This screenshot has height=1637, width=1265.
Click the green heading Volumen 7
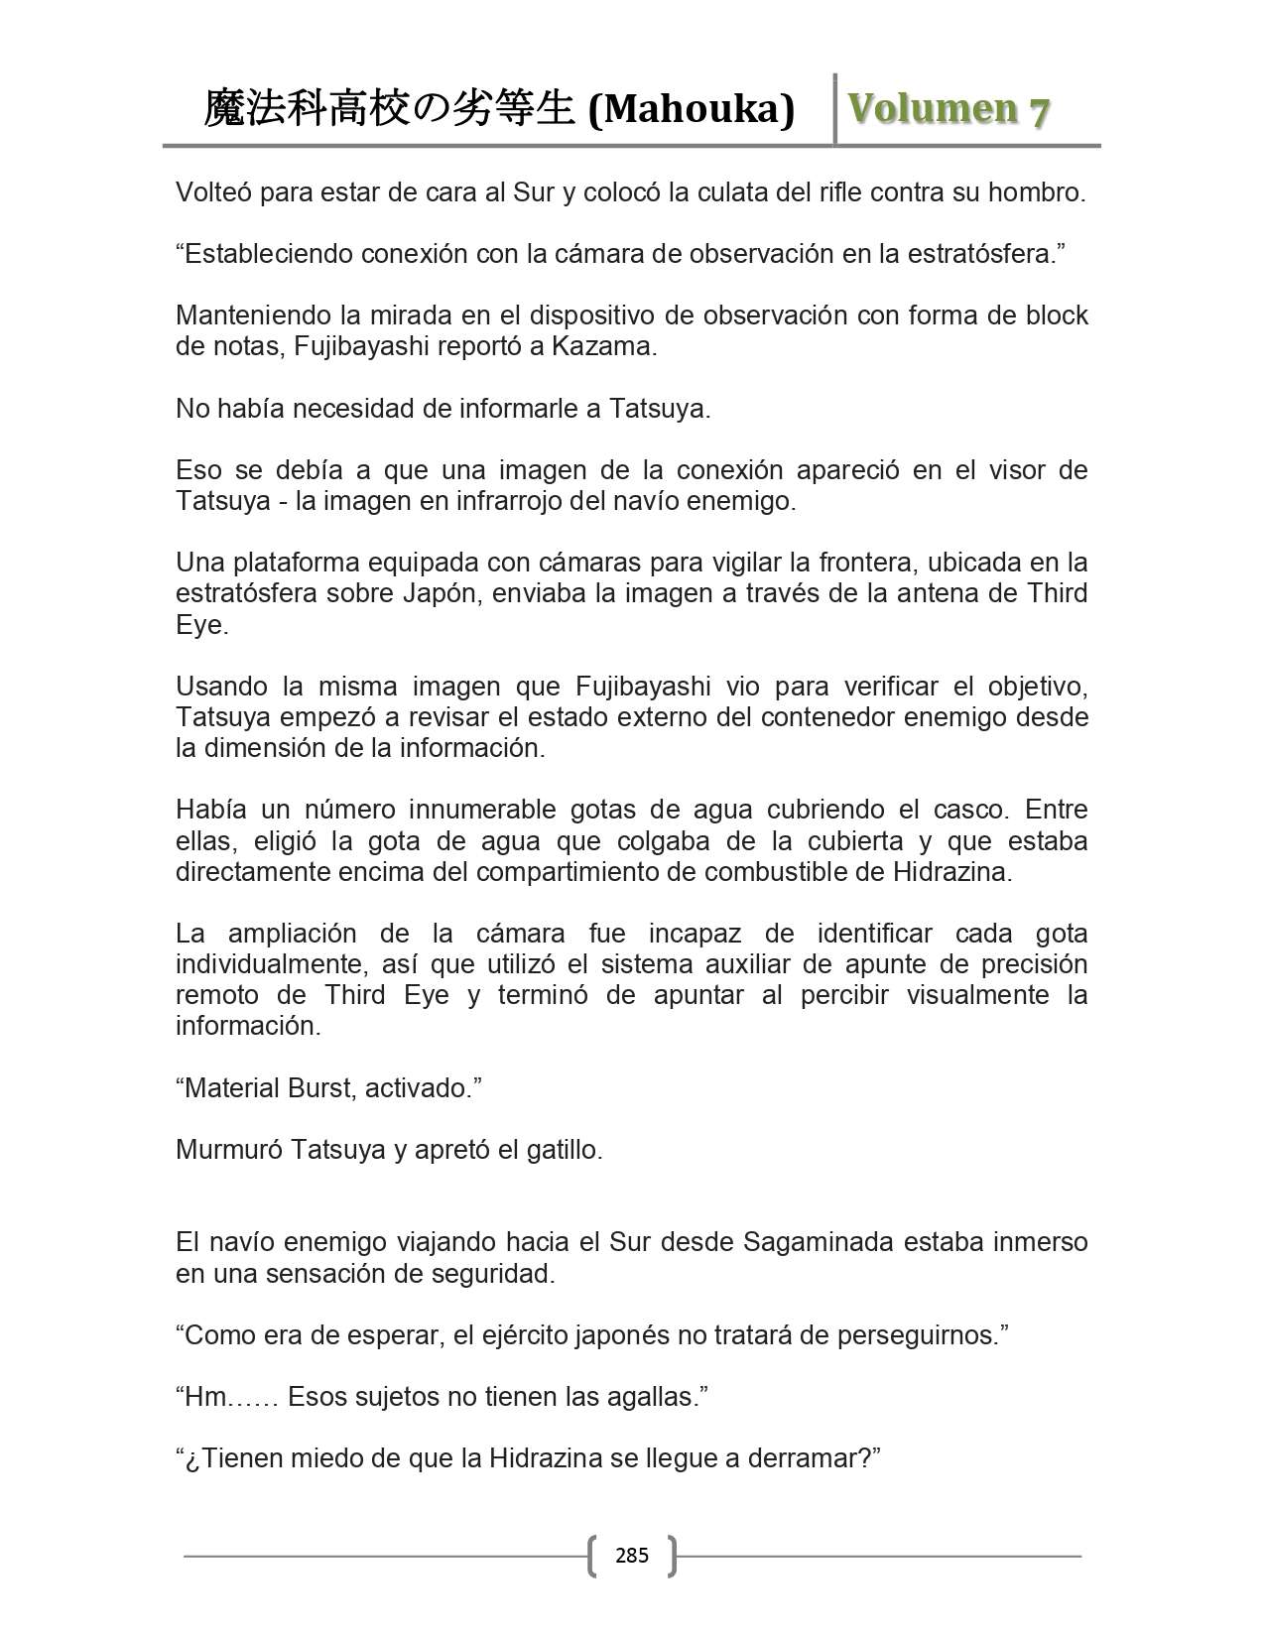tap(948, 109)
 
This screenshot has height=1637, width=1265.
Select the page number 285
tap(632, 1555)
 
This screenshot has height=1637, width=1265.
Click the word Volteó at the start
tap(213, 191)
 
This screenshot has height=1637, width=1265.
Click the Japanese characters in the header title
tap(389, 109)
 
